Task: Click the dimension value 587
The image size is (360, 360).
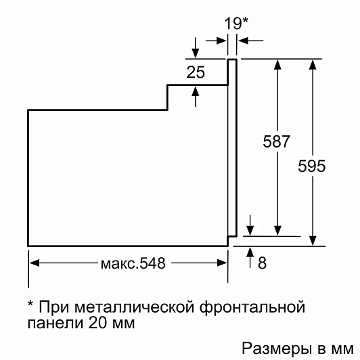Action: [276, 141]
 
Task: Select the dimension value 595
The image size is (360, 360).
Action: [311, 166]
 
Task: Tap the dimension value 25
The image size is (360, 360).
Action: [196, 72]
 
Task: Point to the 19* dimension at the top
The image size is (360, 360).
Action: [236, 24]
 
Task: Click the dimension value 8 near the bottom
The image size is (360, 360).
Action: [262, 263]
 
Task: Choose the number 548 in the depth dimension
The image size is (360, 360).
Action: [152, 263]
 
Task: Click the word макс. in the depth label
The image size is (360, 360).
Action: [119, 264]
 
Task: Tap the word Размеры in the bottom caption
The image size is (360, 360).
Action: [277, 349]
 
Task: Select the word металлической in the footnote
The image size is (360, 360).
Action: [134, 307]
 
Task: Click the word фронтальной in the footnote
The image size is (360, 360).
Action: [252, 307]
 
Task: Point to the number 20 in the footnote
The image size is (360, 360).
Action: [97, 323]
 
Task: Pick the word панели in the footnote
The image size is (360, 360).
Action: [55, 323]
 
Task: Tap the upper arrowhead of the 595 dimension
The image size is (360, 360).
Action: [313, 64]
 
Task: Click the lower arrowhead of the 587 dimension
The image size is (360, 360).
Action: [277, 231]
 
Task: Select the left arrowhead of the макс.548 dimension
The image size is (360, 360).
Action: [35, 263]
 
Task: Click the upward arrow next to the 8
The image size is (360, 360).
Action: [250, 257]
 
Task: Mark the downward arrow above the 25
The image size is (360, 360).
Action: [196, 48]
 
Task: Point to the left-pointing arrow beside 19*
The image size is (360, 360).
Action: [251, 41]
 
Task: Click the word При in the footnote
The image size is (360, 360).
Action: [54, 307]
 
